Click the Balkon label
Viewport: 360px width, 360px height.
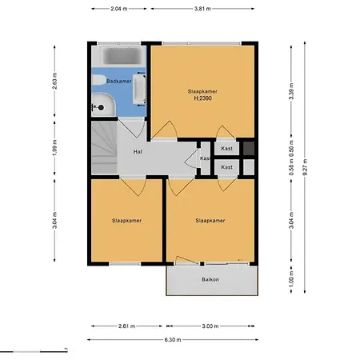pyautogui.click(x=210, y=279)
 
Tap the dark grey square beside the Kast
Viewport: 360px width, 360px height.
pyautogui.click(x=249, y=149)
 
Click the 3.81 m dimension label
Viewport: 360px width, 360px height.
pyautogui.click(x=203, y=10)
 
